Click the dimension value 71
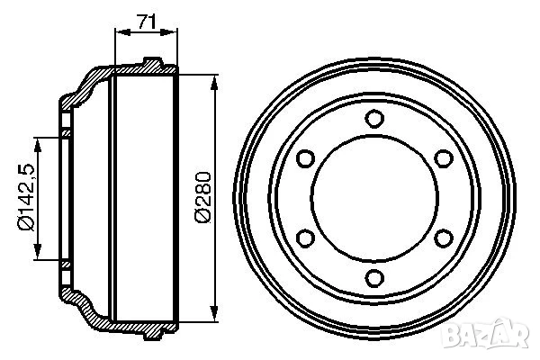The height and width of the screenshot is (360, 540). [x=147, y=22]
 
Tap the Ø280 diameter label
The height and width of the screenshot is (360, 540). [x=202, y=197]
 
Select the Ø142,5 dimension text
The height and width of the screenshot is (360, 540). [x=26, y=197]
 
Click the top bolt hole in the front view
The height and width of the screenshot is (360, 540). [x=374, y=119]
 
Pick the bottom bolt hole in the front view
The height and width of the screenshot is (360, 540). [x=374, y=278]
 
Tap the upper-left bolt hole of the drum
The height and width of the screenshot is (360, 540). [x=305, y=158]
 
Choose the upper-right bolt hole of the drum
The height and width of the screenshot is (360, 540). [x=444, y=158]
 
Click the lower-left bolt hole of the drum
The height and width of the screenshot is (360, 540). [x=305, y=238]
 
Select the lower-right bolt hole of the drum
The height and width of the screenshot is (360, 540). [x=444, y=238]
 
